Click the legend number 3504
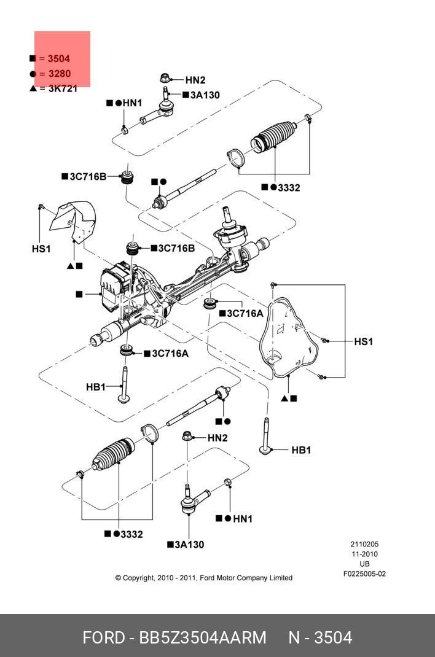[x=58, y=59]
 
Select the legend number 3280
[x=58, y=74]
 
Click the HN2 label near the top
[x=195, y=80]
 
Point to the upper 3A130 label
[x=205, y=95]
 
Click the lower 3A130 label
[x=189, y=544]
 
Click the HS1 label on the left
[x=41, y=249]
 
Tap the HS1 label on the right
[x=363, y=341]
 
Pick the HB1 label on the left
[x=96, y=387]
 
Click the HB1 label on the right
[x=301, y=450]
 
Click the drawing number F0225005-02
[x=364, y=574]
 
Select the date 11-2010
[x=364, y=554]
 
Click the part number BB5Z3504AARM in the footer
[x=205, y=637]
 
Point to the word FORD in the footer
[x=103, y=637]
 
